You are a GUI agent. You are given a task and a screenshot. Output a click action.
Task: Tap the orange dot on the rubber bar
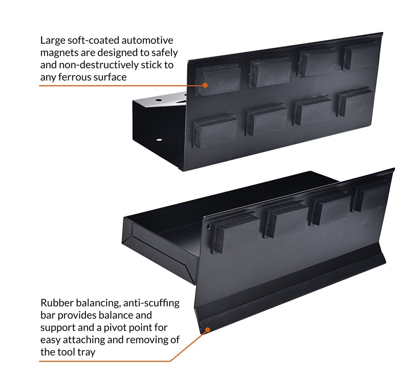point(208,329)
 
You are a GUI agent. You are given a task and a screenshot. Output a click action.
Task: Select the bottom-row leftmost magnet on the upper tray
point(215,130)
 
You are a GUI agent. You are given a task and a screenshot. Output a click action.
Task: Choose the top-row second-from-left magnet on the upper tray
point(270,72)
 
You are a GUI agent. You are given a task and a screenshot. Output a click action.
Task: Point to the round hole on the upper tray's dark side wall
point(159,140)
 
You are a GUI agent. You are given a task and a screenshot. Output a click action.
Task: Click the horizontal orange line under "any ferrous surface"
point(116,86)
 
